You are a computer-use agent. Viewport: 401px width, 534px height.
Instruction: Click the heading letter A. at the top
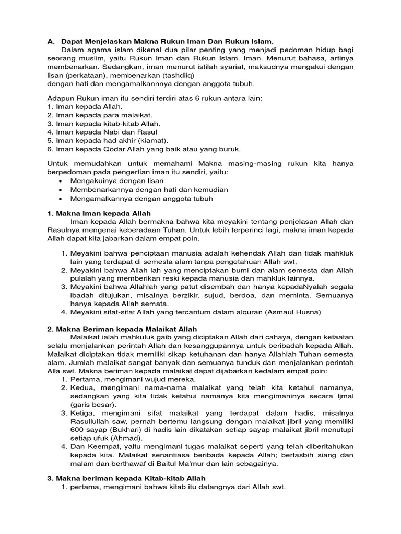click(51, 41)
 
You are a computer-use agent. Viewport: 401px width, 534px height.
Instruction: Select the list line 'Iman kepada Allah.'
click(84, 106)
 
